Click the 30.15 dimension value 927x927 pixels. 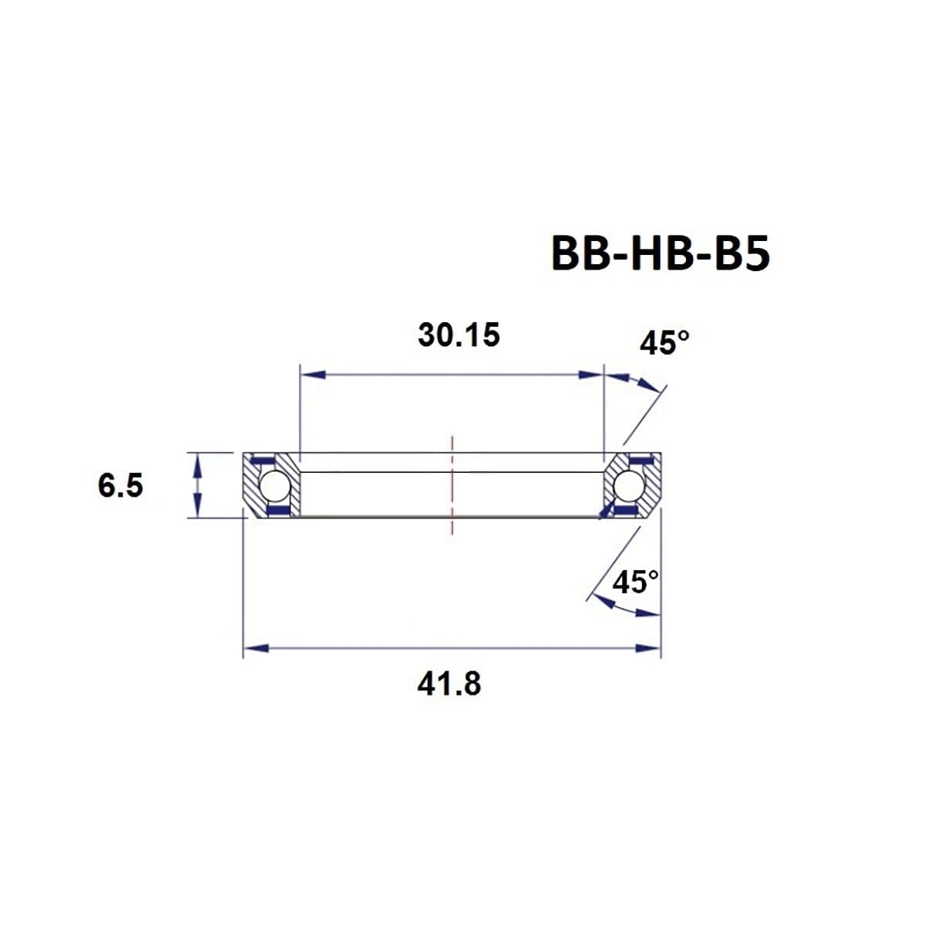tap(459, 335)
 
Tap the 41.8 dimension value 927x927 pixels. tap(449, 684)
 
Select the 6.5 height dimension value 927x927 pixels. tap(121, 486)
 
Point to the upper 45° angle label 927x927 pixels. tap(663, 343)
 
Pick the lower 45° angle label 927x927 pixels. tap(635, 582)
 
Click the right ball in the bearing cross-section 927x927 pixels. tap(630, 486)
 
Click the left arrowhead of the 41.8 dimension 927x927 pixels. tap(256, 648)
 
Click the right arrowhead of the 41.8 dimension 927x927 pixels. tap(647, 648)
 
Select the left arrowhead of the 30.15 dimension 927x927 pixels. tap(312, 375)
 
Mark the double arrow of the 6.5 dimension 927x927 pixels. tap(198, 485)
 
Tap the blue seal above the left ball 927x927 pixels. tap(265, 461)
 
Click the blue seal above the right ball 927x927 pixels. tap(638, 461)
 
